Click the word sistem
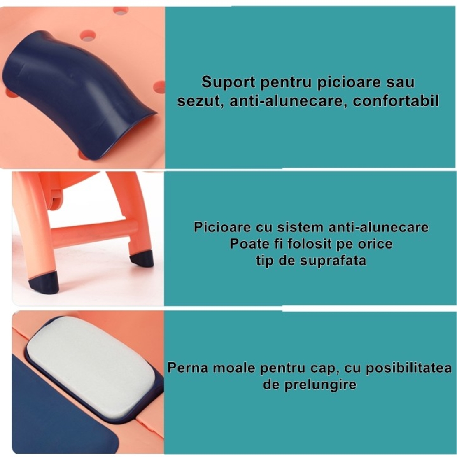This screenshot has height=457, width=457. (300, 227)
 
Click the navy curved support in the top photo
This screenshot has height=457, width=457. (78, 91)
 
